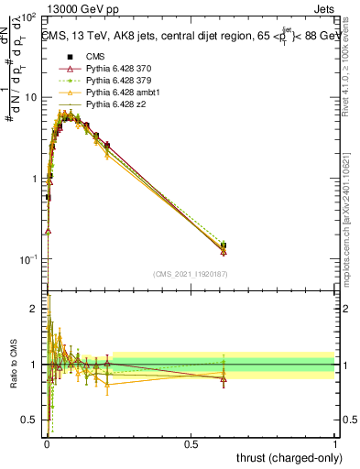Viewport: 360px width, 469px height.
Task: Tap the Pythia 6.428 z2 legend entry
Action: tap(115, 105)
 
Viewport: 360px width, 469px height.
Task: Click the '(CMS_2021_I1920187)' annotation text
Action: tap(191, 273)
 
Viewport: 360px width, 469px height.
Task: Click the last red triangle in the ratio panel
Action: tap(224, 378)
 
